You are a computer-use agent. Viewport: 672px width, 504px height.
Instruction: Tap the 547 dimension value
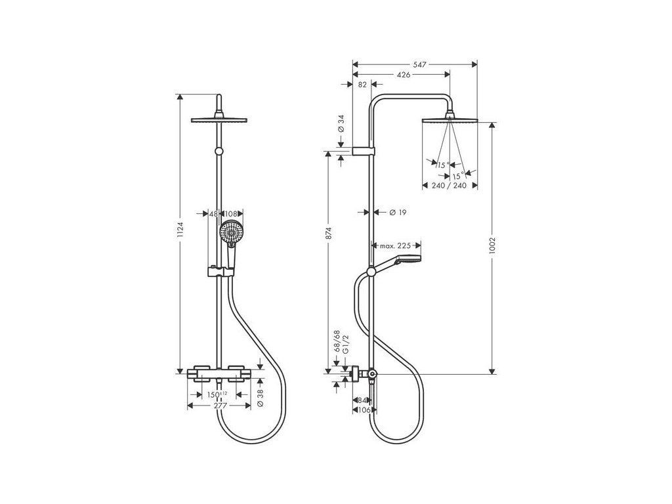click(420, 64)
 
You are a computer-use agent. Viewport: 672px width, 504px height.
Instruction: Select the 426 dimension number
click(403, 75)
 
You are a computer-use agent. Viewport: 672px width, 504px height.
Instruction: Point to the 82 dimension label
click(362, 84)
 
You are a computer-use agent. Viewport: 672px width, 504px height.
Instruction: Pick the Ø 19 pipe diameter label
click(396, 212)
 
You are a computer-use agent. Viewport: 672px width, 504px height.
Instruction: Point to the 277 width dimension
click(220, 406)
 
